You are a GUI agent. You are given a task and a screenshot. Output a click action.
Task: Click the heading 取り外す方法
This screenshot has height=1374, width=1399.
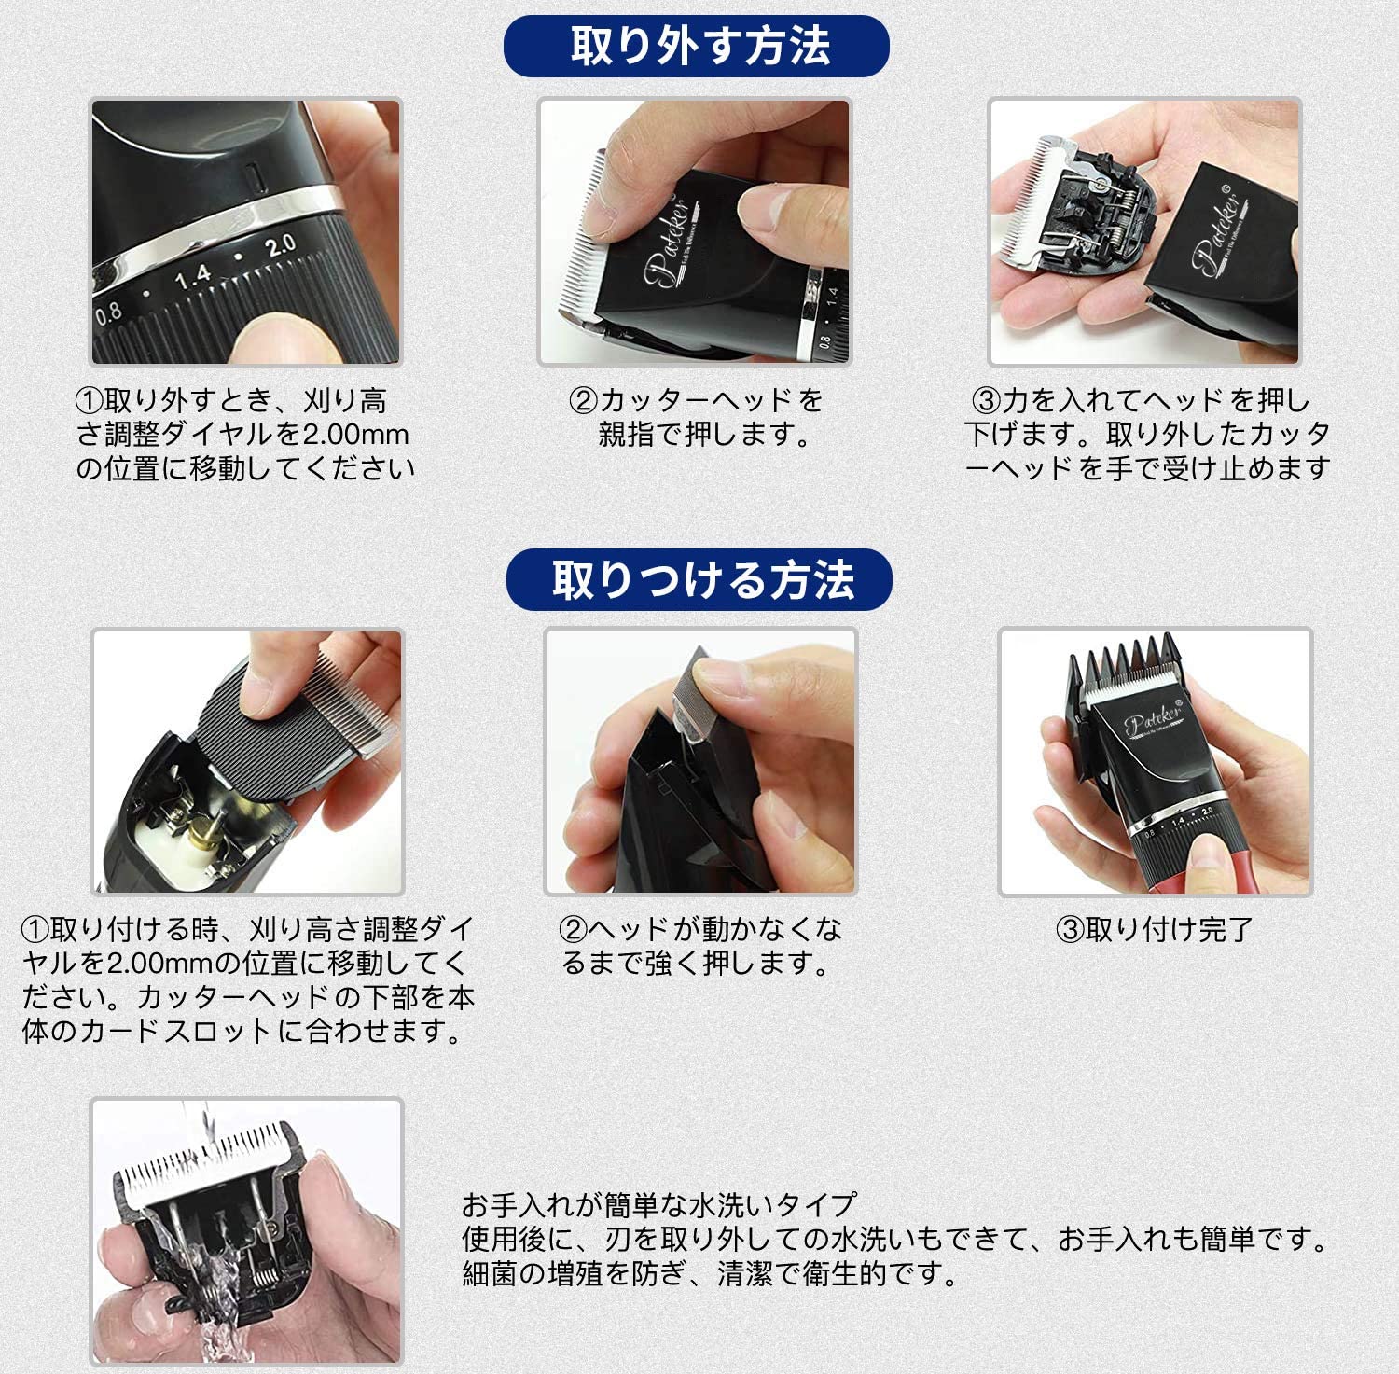click(x=699, y=46)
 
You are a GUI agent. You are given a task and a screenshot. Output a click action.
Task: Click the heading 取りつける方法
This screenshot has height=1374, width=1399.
click(x=702, y=579)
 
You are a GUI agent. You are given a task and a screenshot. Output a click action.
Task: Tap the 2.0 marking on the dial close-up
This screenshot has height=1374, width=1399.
click(x=280, y=247)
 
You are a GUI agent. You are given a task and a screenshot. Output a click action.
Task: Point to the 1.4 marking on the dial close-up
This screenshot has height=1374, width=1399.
click(x=193, y=276)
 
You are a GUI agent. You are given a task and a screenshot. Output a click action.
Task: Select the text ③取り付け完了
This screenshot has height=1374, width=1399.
click(x=1154, y=929)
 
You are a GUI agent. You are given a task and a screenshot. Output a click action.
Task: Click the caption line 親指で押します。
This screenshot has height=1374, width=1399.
click(x=706, y=434)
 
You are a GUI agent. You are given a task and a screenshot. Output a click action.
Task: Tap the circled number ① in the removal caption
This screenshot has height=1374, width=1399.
click(x=89, y=401)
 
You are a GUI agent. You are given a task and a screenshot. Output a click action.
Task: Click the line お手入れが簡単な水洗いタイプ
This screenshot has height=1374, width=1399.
click(x=658, y=1205)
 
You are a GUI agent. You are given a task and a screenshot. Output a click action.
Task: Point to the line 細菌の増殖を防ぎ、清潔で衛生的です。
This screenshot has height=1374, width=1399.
click(x=711, y=1273)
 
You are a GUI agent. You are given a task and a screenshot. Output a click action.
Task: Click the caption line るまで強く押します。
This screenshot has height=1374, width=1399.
click(x=696, y=963)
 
